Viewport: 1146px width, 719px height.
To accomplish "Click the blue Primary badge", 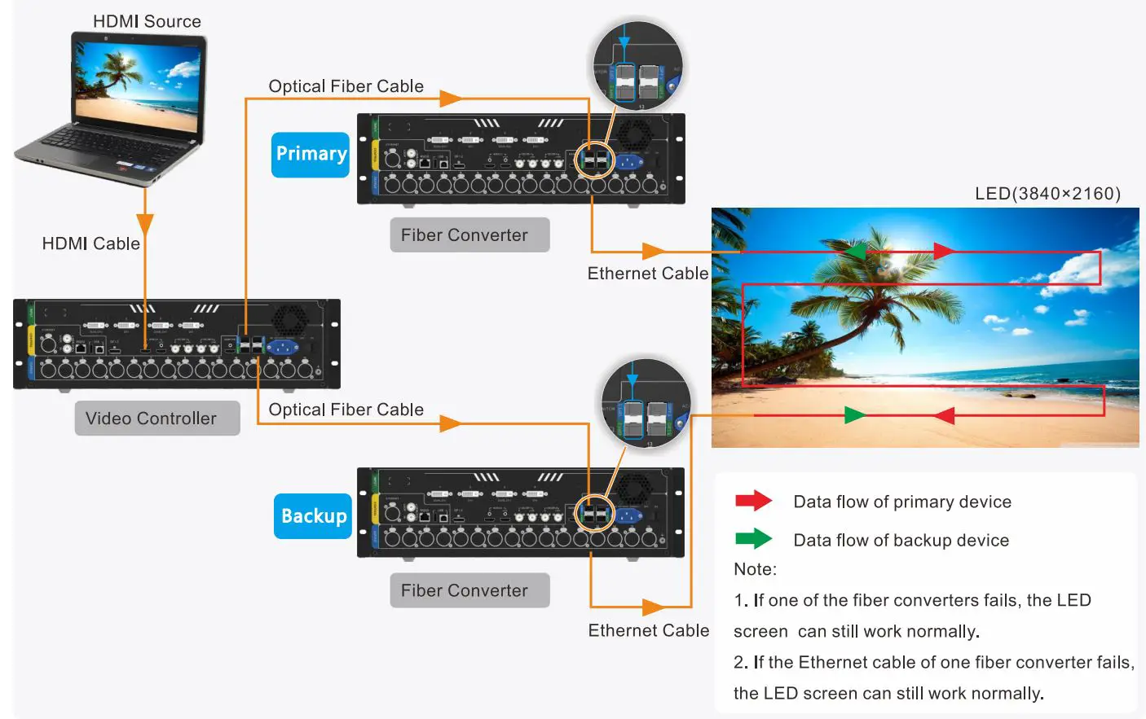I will point(311,155).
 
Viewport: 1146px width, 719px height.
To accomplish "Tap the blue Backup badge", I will point(313,516).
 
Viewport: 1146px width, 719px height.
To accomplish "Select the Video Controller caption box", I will point(157,419).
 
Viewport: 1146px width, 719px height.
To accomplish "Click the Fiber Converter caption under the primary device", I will point(469,235).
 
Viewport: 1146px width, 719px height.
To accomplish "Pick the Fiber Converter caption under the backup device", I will point(469,590).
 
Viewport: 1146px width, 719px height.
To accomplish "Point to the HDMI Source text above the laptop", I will point(147,22).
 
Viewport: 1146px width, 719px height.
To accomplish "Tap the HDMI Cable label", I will point(90,243).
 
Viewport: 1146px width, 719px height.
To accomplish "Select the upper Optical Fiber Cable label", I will point(346,86).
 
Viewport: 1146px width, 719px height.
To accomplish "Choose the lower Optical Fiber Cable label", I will point(346,410).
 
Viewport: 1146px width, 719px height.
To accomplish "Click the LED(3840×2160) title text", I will point(1047,194).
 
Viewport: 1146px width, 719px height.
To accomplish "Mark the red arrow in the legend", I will point(753,501).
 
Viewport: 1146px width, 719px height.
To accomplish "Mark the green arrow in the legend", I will point(753,538).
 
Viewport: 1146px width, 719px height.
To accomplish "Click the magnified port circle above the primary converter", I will point(637,68).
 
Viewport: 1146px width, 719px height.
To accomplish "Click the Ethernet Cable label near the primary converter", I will point(648,274).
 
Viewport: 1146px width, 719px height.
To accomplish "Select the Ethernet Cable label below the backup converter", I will point(648,630).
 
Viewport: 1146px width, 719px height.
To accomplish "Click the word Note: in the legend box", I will point(755,569).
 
